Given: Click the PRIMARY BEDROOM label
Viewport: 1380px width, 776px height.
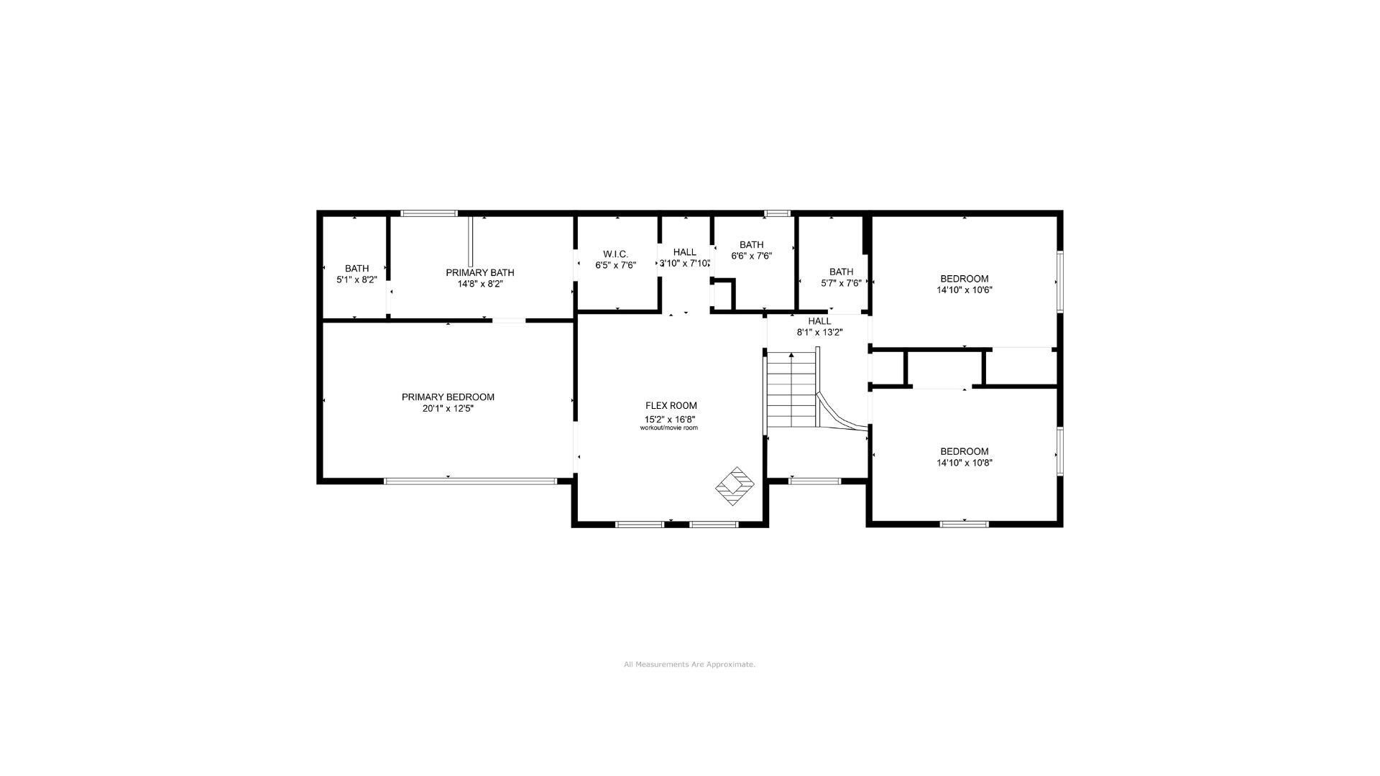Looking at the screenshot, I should click(448, 397).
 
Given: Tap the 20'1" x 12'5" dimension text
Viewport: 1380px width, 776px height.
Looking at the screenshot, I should click(448, 409).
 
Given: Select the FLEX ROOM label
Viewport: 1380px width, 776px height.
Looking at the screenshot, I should click(671, 406).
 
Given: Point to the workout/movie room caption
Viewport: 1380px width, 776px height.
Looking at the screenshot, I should click(668, 428).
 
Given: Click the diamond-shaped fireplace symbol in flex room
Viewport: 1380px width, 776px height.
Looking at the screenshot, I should click(735, 486).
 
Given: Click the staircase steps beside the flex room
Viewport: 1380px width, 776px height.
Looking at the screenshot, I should click(791, 392).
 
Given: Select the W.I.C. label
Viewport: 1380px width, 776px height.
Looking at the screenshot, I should click(615, 254).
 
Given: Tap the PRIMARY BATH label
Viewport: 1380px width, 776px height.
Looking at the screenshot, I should click(479, 272).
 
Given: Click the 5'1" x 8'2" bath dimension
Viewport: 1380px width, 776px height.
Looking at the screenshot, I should click(356, 280).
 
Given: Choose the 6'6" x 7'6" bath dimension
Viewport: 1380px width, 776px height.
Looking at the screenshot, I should click(751, 256).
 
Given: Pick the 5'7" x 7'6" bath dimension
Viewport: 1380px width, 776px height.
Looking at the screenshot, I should click(841, 283).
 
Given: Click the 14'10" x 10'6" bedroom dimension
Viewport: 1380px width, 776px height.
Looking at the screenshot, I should click(964, 290).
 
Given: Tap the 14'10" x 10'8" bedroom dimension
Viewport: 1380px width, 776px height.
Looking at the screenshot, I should click(964, 463).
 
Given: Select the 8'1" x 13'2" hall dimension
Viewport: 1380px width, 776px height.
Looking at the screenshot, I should click(819, 332).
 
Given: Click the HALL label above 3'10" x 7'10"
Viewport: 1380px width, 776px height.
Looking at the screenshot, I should click(684, 252).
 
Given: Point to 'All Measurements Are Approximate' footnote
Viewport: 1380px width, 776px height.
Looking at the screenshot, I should click(689, 665).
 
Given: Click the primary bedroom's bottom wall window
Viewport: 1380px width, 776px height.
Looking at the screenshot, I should click(470, 481).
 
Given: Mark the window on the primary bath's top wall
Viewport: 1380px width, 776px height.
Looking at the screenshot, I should click(429, 213).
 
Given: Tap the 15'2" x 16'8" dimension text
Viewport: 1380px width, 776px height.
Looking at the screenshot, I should click(670, 420).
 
